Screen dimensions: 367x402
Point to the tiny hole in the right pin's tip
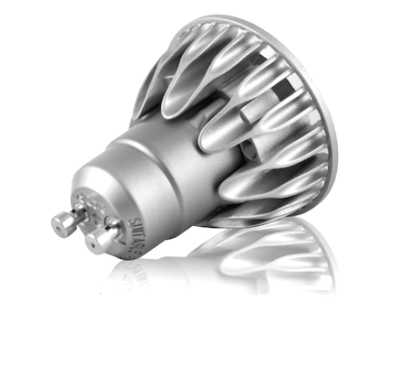point(94,243)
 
